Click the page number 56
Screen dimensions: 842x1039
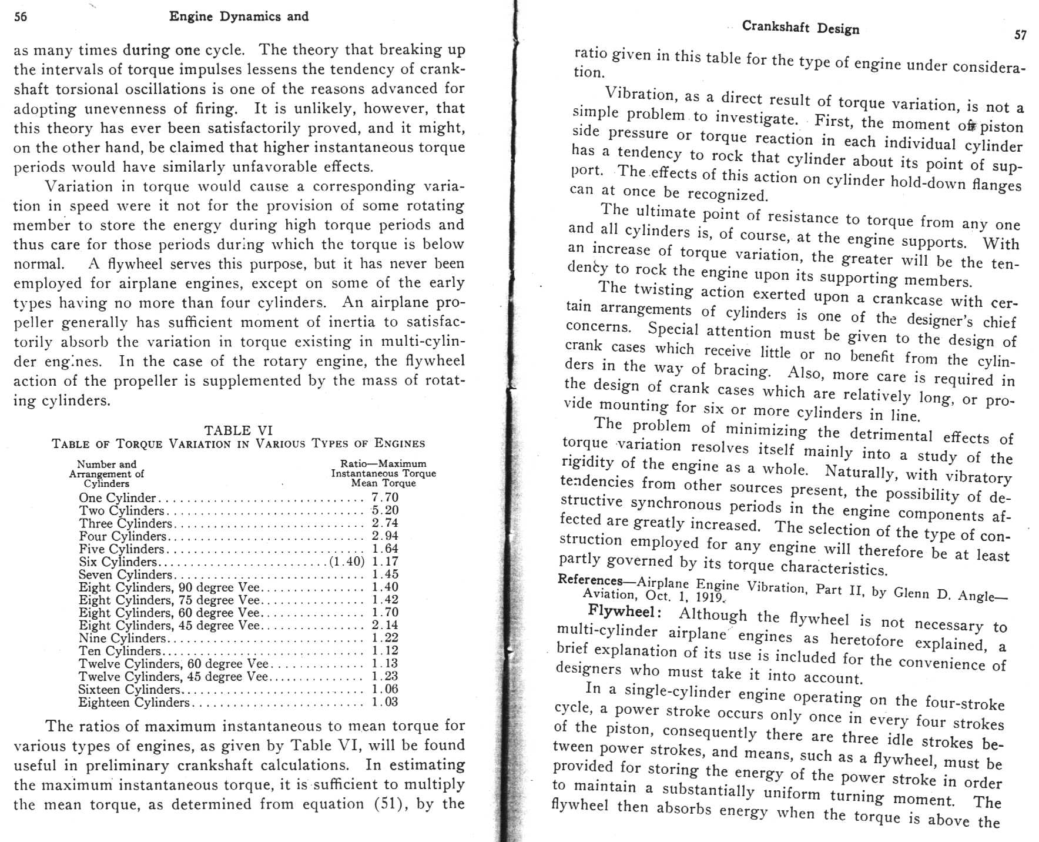click(21, 17)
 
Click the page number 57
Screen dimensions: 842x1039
click(1021, 35)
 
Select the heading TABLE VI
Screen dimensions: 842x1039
click(238, 430)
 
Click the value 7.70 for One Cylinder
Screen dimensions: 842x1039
click(385, 498)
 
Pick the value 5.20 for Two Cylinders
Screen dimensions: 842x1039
click(385, 510)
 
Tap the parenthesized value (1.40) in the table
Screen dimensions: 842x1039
click(347, 562)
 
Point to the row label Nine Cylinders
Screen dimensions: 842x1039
click(122, 638)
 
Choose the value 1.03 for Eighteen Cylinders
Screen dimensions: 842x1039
click(385, 702)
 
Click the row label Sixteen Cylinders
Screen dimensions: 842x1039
click(129, 689)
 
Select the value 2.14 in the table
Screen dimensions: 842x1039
click(385, 625)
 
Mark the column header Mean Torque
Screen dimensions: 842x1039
click(383, 483)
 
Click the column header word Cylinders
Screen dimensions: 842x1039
click(106, 483)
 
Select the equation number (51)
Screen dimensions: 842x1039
click(388, 804)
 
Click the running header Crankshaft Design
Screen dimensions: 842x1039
click(800, 28)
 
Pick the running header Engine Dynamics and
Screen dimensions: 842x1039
click(239, 16)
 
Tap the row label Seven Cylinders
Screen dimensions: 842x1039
click(125, 574)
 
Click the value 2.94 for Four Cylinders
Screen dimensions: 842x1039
click(385, 536)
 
